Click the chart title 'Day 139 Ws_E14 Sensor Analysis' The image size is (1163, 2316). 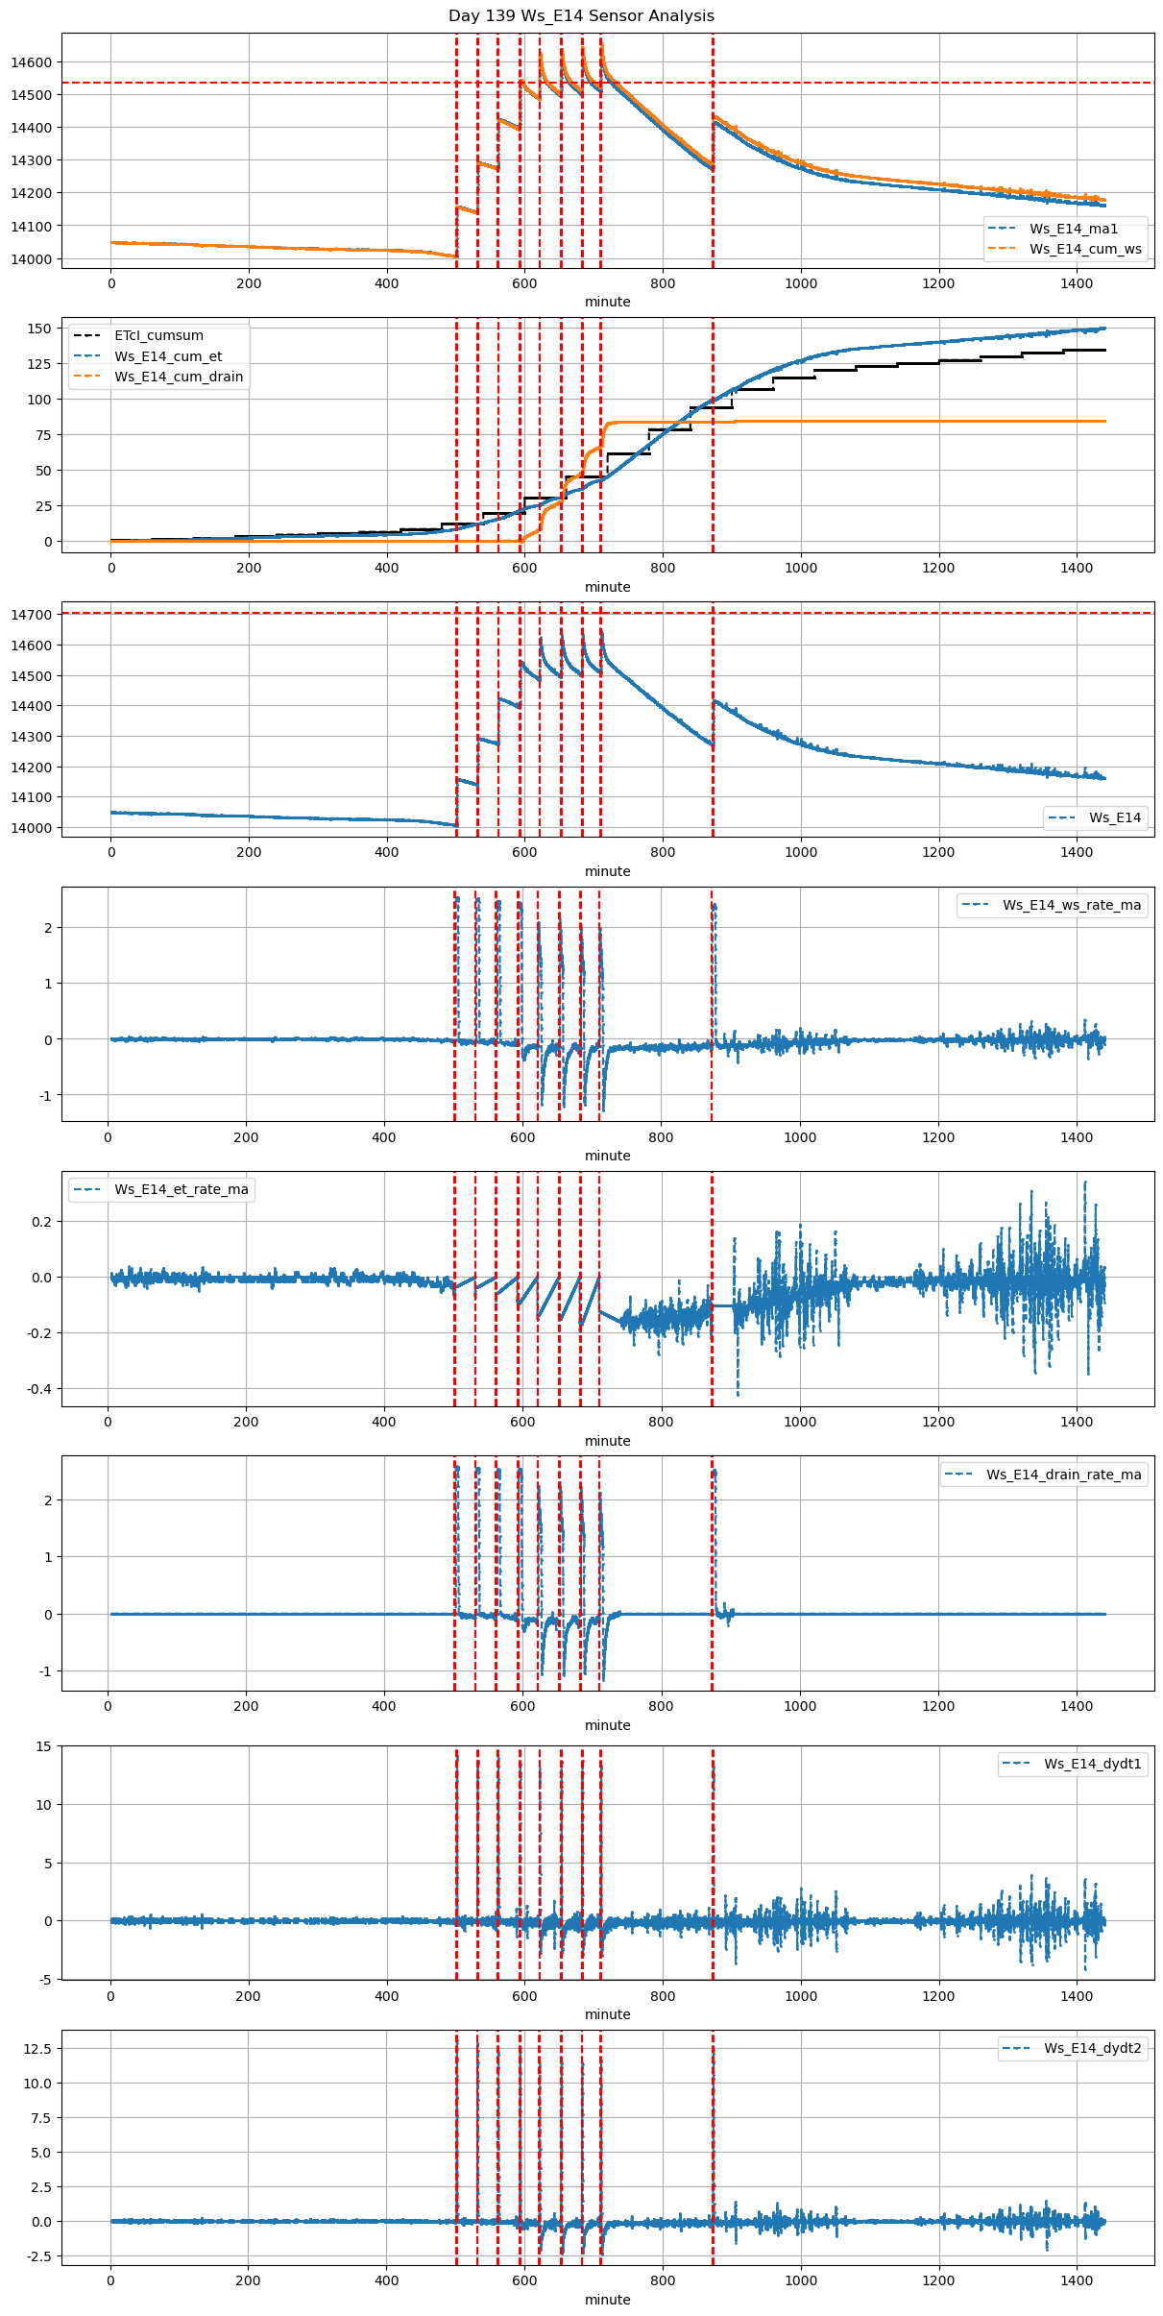click(x=581, y=15)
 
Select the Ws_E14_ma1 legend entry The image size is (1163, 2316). click(x=1073, y=229)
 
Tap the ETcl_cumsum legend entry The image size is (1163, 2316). click(x=158, y=335)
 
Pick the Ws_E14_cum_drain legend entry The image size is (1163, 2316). click(x=178, y=377)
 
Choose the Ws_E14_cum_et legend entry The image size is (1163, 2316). click(x=168, y=356)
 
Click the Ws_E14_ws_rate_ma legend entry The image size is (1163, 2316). click(x=1072, y=905)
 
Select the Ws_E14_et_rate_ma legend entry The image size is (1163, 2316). click(x=181, y=1189)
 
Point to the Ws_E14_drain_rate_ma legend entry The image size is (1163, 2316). click(x=1063, y=1475)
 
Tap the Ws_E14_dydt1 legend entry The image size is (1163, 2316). click(x=1092, y=1764)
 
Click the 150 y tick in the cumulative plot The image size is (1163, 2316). click(x=39, y=329)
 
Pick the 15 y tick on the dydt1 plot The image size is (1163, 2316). click(x=44, y=1746)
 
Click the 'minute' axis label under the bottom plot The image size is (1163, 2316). click(x=607, y=2300)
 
